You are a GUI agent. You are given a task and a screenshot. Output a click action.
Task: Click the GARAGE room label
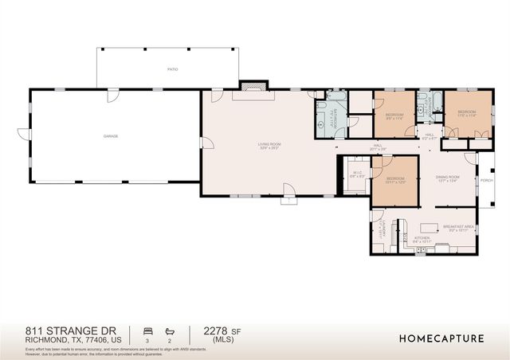(110, 136)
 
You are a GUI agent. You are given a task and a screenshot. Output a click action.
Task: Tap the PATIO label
(173, 69)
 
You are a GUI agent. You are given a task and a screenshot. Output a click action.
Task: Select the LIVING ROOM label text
(269, 144)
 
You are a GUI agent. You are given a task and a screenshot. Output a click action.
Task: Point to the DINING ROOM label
(448, 177)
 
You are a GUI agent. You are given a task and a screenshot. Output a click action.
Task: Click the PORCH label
(487, 180)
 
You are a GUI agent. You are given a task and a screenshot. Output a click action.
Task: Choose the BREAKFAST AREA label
(459, 227)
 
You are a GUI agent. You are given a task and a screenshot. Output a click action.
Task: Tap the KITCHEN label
(422, 237)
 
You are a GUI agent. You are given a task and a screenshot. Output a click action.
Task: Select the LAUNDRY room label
(382, 229)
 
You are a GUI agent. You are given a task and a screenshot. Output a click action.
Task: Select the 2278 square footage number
(215, 330)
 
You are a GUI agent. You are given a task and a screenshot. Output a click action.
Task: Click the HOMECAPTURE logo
(441, 338)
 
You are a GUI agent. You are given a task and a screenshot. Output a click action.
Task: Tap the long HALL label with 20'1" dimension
(377, 147)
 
